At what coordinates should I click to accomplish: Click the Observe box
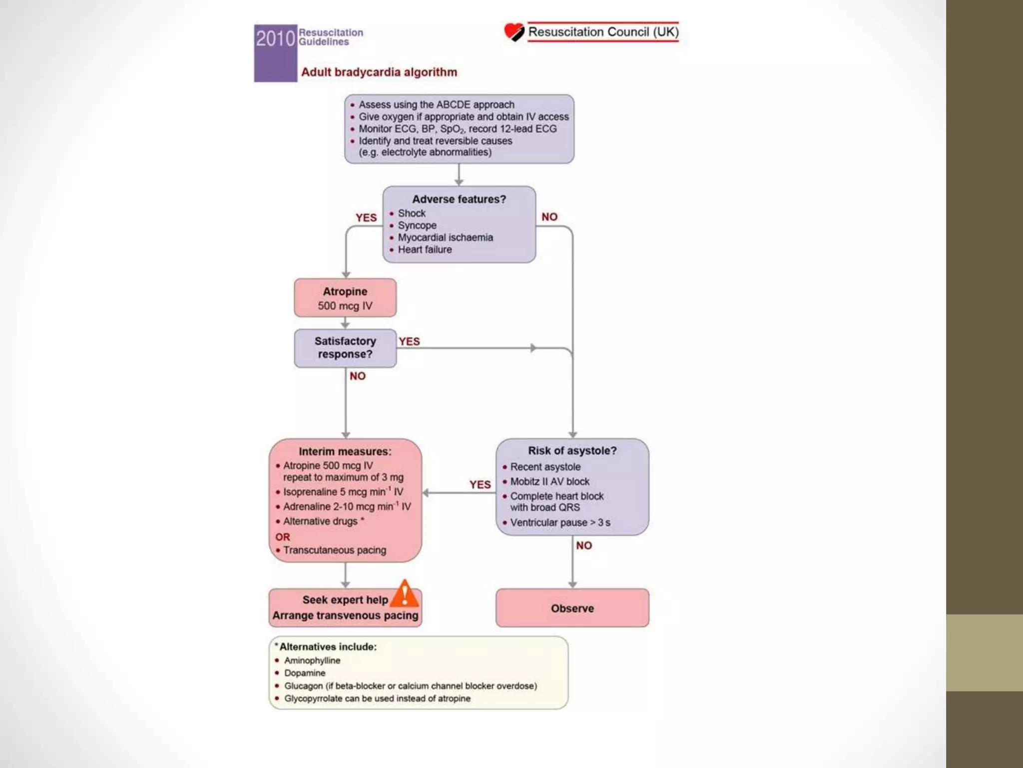(x=572, y=608)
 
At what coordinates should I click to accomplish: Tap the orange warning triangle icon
(x=404, y=593)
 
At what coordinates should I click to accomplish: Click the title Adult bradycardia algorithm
(x=379, y=72)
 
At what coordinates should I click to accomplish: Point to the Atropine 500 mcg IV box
(x=345, y=298)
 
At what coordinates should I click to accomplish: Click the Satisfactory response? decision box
(x=345, y=348)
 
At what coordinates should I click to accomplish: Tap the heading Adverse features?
(x=459, y=199)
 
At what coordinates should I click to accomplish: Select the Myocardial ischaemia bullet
(x=445, y=237)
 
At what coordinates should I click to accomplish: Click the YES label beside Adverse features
(x=366, y=217)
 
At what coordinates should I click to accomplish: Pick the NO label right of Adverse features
(x=549, y=217)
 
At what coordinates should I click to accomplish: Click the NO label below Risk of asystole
(x=584, y=545)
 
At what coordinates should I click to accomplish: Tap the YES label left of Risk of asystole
(x=480, y=484)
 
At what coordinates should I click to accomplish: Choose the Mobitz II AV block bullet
(x=549, y=481)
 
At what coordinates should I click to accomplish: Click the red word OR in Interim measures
(x=283, y=537)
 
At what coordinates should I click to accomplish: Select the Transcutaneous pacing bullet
(x=334, y=550)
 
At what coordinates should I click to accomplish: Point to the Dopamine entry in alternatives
(x=305, y=673)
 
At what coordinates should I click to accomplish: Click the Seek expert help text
(x=345, y=599)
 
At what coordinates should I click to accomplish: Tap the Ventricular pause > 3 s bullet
(x=560, y=522)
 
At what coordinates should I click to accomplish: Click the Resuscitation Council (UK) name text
(x=603, y=32)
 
